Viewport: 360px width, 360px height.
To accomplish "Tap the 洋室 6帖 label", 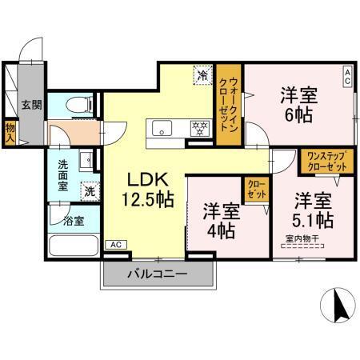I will [x=298, y=104].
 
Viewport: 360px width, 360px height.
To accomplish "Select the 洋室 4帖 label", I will [x=218, y=222].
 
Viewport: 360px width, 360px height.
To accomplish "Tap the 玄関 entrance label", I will [x=31, y=104].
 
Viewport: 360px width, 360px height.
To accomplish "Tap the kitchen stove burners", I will [x=199, y=126].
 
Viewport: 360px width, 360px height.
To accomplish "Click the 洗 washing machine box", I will [x=90, y=191].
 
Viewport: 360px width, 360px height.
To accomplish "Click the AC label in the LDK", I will [x=115, y=244].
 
